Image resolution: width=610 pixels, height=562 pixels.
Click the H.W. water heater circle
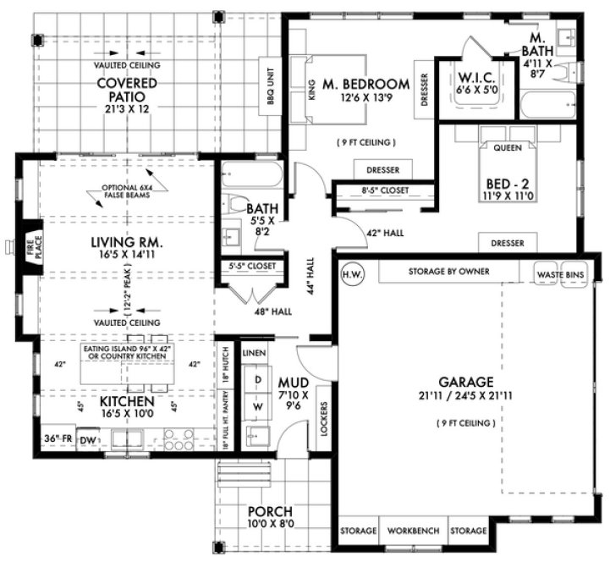(349, 273)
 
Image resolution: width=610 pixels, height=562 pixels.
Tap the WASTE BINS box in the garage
(560, 273)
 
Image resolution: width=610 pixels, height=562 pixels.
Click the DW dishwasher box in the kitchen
(87, 440)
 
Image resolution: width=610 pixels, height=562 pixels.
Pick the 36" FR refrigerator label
(58, 438)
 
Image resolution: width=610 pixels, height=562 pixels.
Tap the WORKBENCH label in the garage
(413, 531)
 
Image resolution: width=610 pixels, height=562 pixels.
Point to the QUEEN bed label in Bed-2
(508, 146)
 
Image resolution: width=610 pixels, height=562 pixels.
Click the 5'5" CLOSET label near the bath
(252, 266)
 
